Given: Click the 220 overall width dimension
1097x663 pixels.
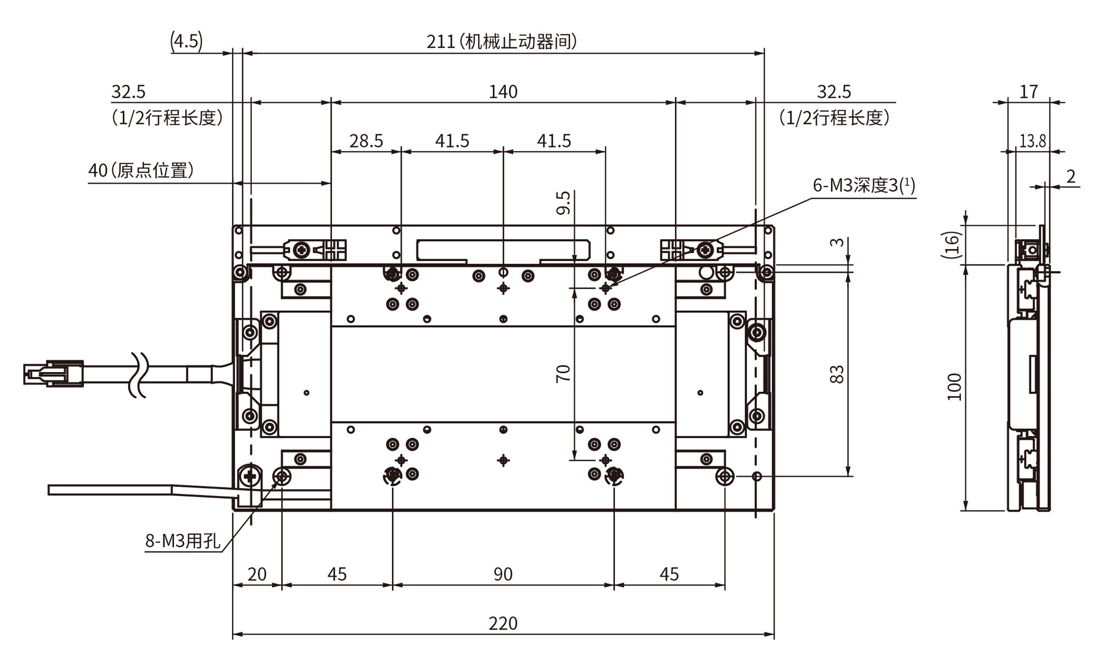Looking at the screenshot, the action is (503, 623).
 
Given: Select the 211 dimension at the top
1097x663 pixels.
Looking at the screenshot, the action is (441, 42).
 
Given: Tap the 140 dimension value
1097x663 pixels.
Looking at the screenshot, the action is (503, 92).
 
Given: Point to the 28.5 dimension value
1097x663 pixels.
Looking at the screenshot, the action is (366, 141).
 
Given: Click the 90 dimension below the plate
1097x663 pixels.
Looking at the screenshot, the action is (503, 574).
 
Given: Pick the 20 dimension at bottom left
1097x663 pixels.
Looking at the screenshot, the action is (257, 574).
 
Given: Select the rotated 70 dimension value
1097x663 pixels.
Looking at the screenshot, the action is (563, 373).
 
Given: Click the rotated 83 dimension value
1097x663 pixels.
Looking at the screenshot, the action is (837, 374).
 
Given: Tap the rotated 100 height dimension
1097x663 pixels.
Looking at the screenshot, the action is (955, 387).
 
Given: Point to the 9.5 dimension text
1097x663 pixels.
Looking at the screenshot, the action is (563, 203).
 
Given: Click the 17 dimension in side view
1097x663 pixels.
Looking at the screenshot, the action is (1028, 92).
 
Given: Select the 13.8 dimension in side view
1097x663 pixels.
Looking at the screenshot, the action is (1033, 141).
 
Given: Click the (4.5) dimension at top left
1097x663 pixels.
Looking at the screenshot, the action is (186, 41).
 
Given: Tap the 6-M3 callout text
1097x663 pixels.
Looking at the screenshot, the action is (864, 185).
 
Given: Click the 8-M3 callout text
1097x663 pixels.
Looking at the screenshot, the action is (183, 541).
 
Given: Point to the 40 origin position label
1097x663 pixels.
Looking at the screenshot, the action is (141, 170).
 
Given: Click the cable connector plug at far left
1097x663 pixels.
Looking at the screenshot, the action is (53, 374).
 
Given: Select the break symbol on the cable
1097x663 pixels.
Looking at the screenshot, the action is (138, 374).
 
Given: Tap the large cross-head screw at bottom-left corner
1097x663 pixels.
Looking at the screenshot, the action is (250, 477).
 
